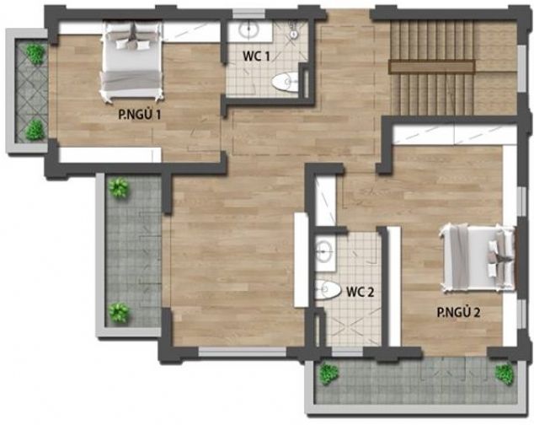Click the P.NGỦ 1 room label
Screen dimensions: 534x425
pos(140,115)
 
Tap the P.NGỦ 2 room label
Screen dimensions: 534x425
pos(458,312)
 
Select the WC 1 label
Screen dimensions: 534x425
pos(256,56)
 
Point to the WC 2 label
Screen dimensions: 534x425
pos(360,292)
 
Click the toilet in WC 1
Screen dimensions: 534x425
pos(286,82)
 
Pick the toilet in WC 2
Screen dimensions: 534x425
pos(328,289)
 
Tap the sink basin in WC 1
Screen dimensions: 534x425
pos(250,30)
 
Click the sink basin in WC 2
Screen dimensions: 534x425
pos(324,251)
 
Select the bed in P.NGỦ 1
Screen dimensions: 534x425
pos(131,62)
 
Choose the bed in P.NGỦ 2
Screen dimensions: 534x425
pos(478,258)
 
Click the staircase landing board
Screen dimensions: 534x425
pos(432,67)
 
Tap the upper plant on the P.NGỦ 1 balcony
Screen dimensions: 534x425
pos(35,54)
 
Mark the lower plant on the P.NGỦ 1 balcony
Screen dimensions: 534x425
pos(35,130)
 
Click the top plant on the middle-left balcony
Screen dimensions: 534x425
pos(118,187)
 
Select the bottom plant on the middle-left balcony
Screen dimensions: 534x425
pos(119,313)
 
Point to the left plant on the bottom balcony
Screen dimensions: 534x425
pos(329,374)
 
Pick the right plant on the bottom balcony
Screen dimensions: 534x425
pos(505,374)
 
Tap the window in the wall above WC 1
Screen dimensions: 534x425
pos(248,13)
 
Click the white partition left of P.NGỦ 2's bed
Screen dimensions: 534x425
pos(394,286)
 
